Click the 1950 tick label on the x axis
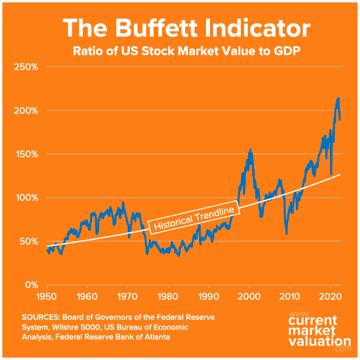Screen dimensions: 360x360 47,298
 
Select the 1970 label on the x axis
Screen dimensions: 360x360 128,298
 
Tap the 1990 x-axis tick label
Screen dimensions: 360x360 209,298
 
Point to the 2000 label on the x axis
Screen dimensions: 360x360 249,298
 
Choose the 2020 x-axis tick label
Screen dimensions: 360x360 330,298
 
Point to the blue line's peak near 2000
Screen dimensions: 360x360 250,150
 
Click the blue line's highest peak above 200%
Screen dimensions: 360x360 338,98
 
